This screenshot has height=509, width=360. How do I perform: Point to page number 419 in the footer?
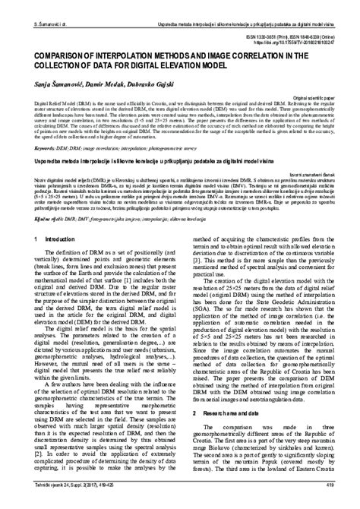[x=330, y=482]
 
